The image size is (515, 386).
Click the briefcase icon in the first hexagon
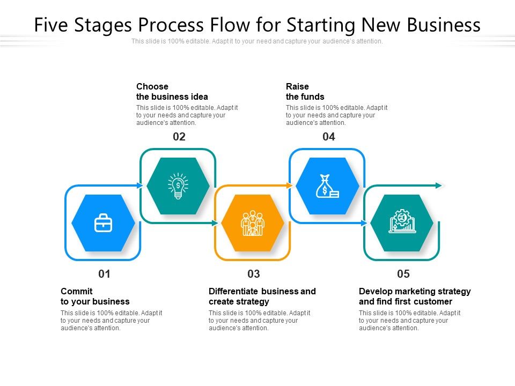click(x=103, y=223)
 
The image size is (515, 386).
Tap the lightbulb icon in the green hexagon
click(x=178, y=186)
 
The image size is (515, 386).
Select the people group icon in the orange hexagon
click(x=253, y=223)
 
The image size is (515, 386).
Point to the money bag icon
click(x=327, y=186)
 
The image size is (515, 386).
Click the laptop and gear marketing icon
click(x=402, y=222)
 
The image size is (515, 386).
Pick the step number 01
click(x=104, y=274)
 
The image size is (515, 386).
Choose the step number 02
click(x=179, y=137)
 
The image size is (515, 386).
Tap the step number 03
click(x=254, y=274)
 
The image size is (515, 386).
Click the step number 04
click(x=328, y=137)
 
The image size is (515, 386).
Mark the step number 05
click(x=403, y=274)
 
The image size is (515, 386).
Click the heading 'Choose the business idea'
click(x=172, y=92)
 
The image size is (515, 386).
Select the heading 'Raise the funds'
click(x=305, y=92)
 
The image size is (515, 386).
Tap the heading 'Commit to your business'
click(x=95, y=296)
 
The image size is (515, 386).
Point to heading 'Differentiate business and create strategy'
click(x=262, y=296)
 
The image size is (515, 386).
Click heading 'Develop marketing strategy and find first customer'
click(x=414, y=296)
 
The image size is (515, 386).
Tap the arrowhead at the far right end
click(x=439, y=185)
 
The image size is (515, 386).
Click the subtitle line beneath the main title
click(x=257, y=41)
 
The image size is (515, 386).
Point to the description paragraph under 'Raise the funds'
click(x=336, y=115)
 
